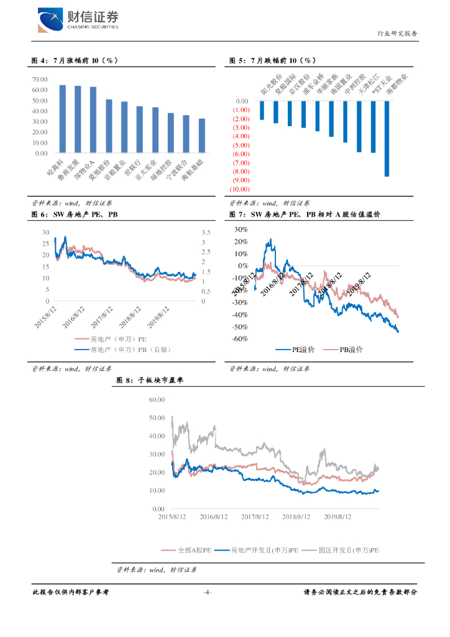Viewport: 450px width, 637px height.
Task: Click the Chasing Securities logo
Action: coord(78,21)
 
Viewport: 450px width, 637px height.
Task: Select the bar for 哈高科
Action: coord(63,119)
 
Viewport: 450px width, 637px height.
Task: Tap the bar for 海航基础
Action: coord(201,136)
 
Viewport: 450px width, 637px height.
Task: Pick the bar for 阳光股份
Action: coord(262,110)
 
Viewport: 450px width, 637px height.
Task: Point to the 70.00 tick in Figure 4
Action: coord(40,79)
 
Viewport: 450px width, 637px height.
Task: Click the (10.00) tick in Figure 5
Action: coord(239,189)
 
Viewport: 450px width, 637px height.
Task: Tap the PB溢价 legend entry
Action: coord(342,350)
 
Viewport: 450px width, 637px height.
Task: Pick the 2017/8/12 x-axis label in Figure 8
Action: coord(255,517)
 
